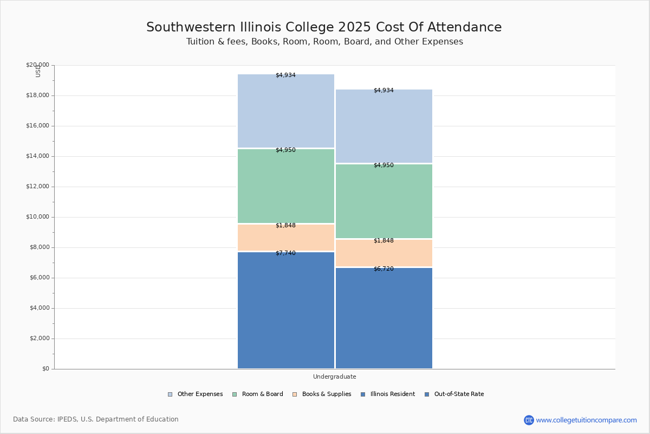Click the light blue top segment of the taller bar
286,111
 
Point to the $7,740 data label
285,253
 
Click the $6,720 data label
383,269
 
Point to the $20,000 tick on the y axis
37,65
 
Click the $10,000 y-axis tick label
37,217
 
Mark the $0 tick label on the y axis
45,369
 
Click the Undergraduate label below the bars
334,376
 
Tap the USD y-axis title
38,71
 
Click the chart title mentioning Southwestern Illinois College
324,27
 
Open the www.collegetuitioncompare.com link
586,420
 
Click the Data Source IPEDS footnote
96,419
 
